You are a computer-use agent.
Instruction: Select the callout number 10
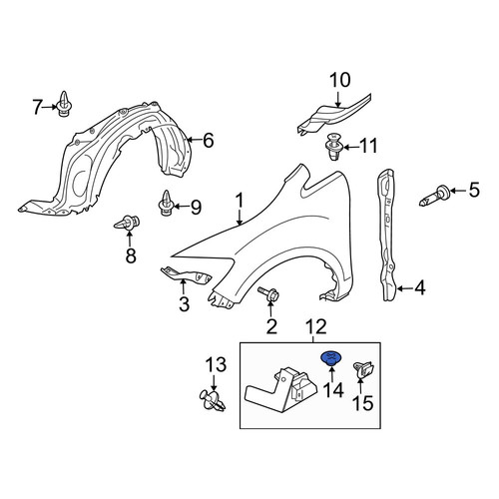340,80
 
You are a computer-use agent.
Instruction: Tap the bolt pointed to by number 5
433,197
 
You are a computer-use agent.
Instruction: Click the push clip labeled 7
64,104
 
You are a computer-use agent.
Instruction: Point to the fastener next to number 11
333,147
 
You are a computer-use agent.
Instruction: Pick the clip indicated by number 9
166,203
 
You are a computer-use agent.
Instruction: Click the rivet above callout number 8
127,223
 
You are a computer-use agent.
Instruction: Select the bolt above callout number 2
268,294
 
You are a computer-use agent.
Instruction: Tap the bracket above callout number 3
187,275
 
